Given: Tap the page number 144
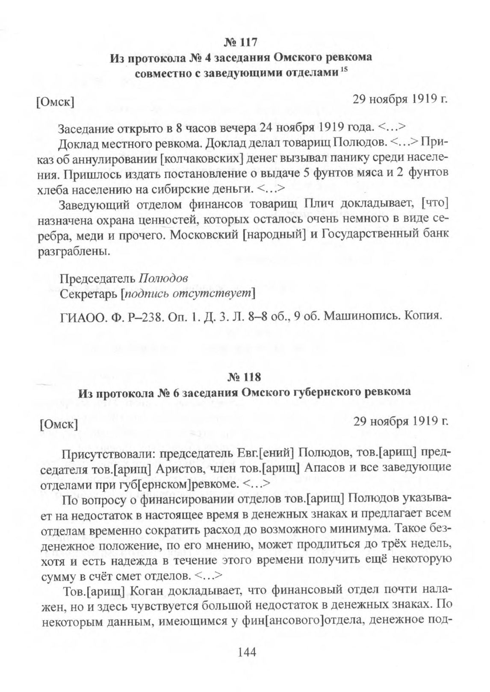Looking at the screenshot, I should pyautogui.click(x=245, y=652).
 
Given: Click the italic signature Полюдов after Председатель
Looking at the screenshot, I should pyautogui.click(x=162, y=278).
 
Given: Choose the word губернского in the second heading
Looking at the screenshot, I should pyautogui.click(x=323, y=392).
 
